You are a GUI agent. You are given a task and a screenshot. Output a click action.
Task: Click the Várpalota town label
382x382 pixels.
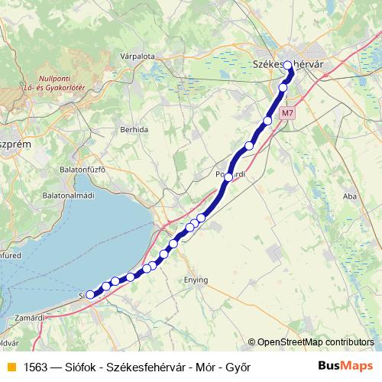138,56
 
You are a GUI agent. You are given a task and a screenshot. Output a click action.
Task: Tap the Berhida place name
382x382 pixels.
134,130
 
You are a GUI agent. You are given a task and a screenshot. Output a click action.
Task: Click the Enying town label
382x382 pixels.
196,280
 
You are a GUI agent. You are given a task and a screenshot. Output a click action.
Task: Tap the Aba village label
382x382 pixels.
351,196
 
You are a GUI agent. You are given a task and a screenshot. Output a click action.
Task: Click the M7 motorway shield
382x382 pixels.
287,113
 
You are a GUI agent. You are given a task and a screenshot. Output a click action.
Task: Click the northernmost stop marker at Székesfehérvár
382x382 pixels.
289,66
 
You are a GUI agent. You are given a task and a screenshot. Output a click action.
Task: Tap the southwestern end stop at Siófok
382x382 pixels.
90,294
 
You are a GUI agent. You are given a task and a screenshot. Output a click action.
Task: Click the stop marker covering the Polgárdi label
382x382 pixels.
228,176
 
